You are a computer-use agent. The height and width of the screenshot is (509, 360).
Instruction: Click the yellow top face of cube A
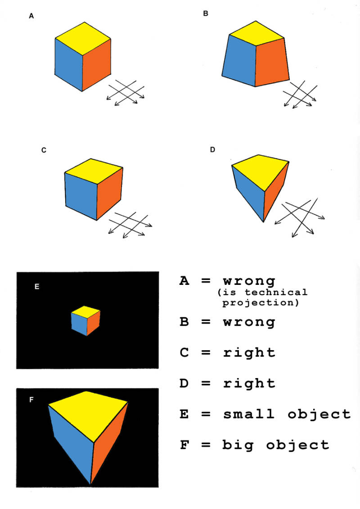pos(83,39)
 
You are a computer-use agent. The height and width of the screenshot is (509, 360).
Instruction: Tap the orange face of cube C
pos(109,193)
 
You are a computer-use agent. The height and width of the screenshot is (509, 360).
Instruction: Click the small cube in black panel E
pos(85,320)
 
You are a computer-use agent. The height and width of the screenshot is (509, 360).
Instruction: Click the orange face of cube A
pos(96,65)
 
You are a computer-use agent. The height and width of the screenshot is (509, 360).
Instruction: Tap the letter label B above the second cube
pos(206,14)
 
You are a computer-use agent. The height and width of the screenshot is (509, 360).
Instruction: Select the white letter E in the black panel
pos(37,287)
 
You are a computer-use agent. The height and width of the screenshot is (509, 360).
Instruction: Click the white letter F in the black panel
pos(31,400)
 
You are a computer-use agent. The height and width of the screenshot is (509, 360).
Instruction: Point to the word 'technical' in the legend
pos(275,292)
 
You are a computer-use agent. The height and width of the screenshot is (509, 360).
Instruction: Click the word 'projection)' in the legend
pos(261,303)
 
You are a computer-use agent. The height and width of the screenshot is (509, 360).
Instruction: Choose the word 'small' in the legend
pos(249,414)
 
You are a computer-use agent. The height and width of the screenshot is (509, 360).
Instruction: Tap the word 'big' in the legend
pos(238,445)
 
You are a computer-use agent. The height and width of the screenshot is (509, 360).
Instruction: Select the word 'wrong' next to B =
pos(249,322)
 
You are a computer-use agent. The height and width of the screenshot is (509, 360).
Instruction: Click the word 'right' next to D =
pos(249,383)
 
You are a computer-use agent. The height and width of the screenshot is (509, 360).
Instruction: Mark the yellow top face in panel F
pos(88,414)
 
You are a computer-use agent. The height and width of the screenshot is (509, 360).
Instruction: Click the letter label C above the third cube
pos(44,150)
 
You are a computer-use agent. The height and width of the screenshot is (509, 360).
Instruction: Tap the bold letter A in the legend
pos(184,281)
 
